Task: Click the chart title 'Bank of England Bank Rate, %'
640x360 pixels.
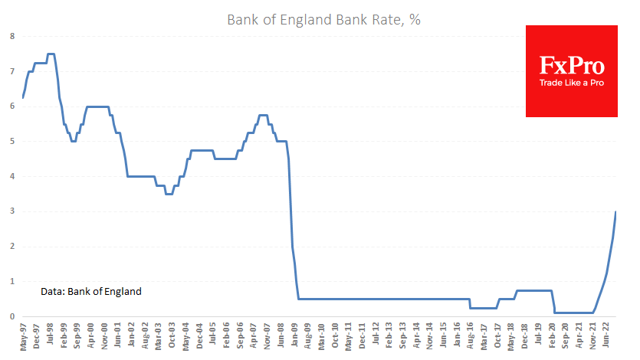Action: click(323, 19)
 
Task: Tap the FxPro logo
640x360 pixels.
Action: click(571, 71)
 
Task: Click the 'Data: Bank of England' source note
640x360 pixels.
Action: click(91, 291)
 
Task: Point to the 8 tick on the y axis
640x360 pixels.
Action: click(11, 36)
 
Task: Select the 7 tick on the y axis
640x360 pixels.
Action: click(11, 71)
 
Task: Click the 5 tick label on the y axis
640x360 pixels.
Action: click(11, 142)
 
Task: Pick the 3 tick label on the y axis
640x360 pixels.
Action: click(11, 211)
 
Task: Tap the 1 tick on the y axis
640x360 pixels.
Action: click(11, 281)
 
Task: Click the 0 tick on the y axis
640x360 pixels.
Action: click(11, 316)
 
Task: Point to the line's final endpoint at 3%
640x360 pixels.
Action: click(616, 212)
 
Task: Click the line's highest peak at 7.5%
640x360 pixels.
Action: click(51, 54)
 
